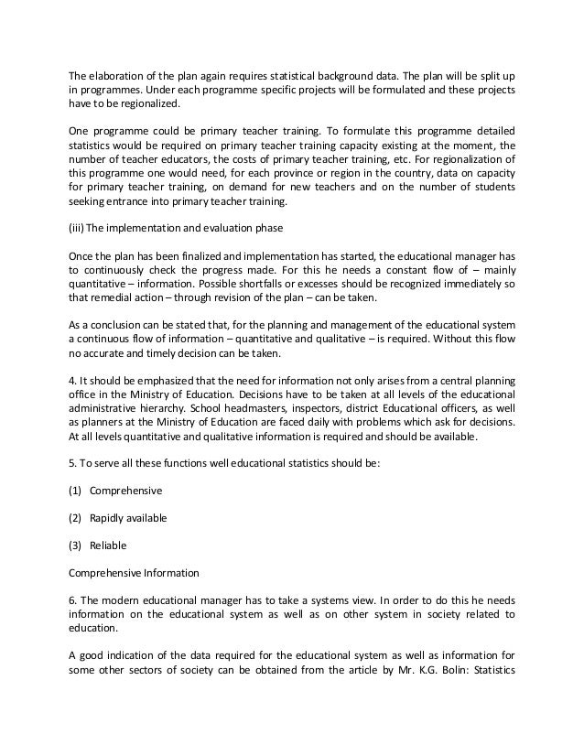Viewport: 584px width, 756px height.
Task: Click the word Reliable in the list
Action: coord(108,545)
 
